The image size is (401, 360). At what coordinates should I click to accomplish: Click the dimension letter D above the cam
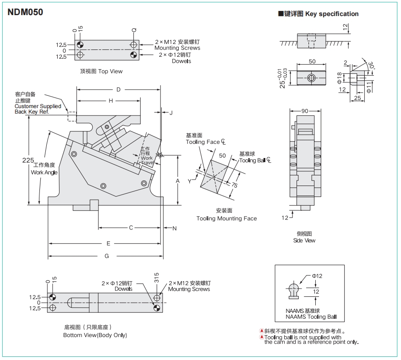tap(118, 89)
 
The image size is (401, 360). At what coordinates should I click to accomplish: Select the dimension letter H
tap(111, 101)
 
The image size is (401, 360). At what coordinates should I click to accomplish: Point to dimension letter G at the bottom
tap(107, 256)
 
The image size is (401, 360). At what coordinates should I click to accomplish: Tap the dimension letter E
tap(109, 243)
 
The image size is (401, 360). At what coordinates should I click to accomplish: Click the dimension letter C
tap(131, 228)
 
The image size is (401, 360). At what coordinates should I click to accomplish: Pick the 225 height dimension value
tap(28, 160)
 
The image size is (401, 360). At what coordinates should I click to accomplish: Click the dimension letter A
tap(178, 181)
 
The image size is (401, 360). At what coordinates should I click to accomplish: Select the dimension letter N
tap(174, 228)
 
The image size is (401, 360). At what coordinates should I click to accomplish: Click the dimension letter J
tap(171, 112)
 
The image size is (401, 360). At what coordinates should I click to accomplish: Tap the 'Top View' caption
tap(101, 71)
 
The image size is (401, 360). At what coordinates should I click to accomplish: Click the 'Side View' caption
tap(304, 240)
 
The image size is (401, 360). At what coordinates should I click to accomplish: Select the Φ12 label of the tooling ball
tap(317, 276)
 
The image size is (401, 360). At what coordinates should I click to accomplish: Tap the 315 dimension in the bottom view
tap(157, 278)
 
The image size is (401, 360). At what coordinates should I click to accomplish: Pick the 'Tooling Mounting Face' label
tap(226, 218)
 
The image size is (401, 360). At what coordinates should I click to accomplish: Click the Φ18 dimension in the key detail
tap(340, 79)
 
